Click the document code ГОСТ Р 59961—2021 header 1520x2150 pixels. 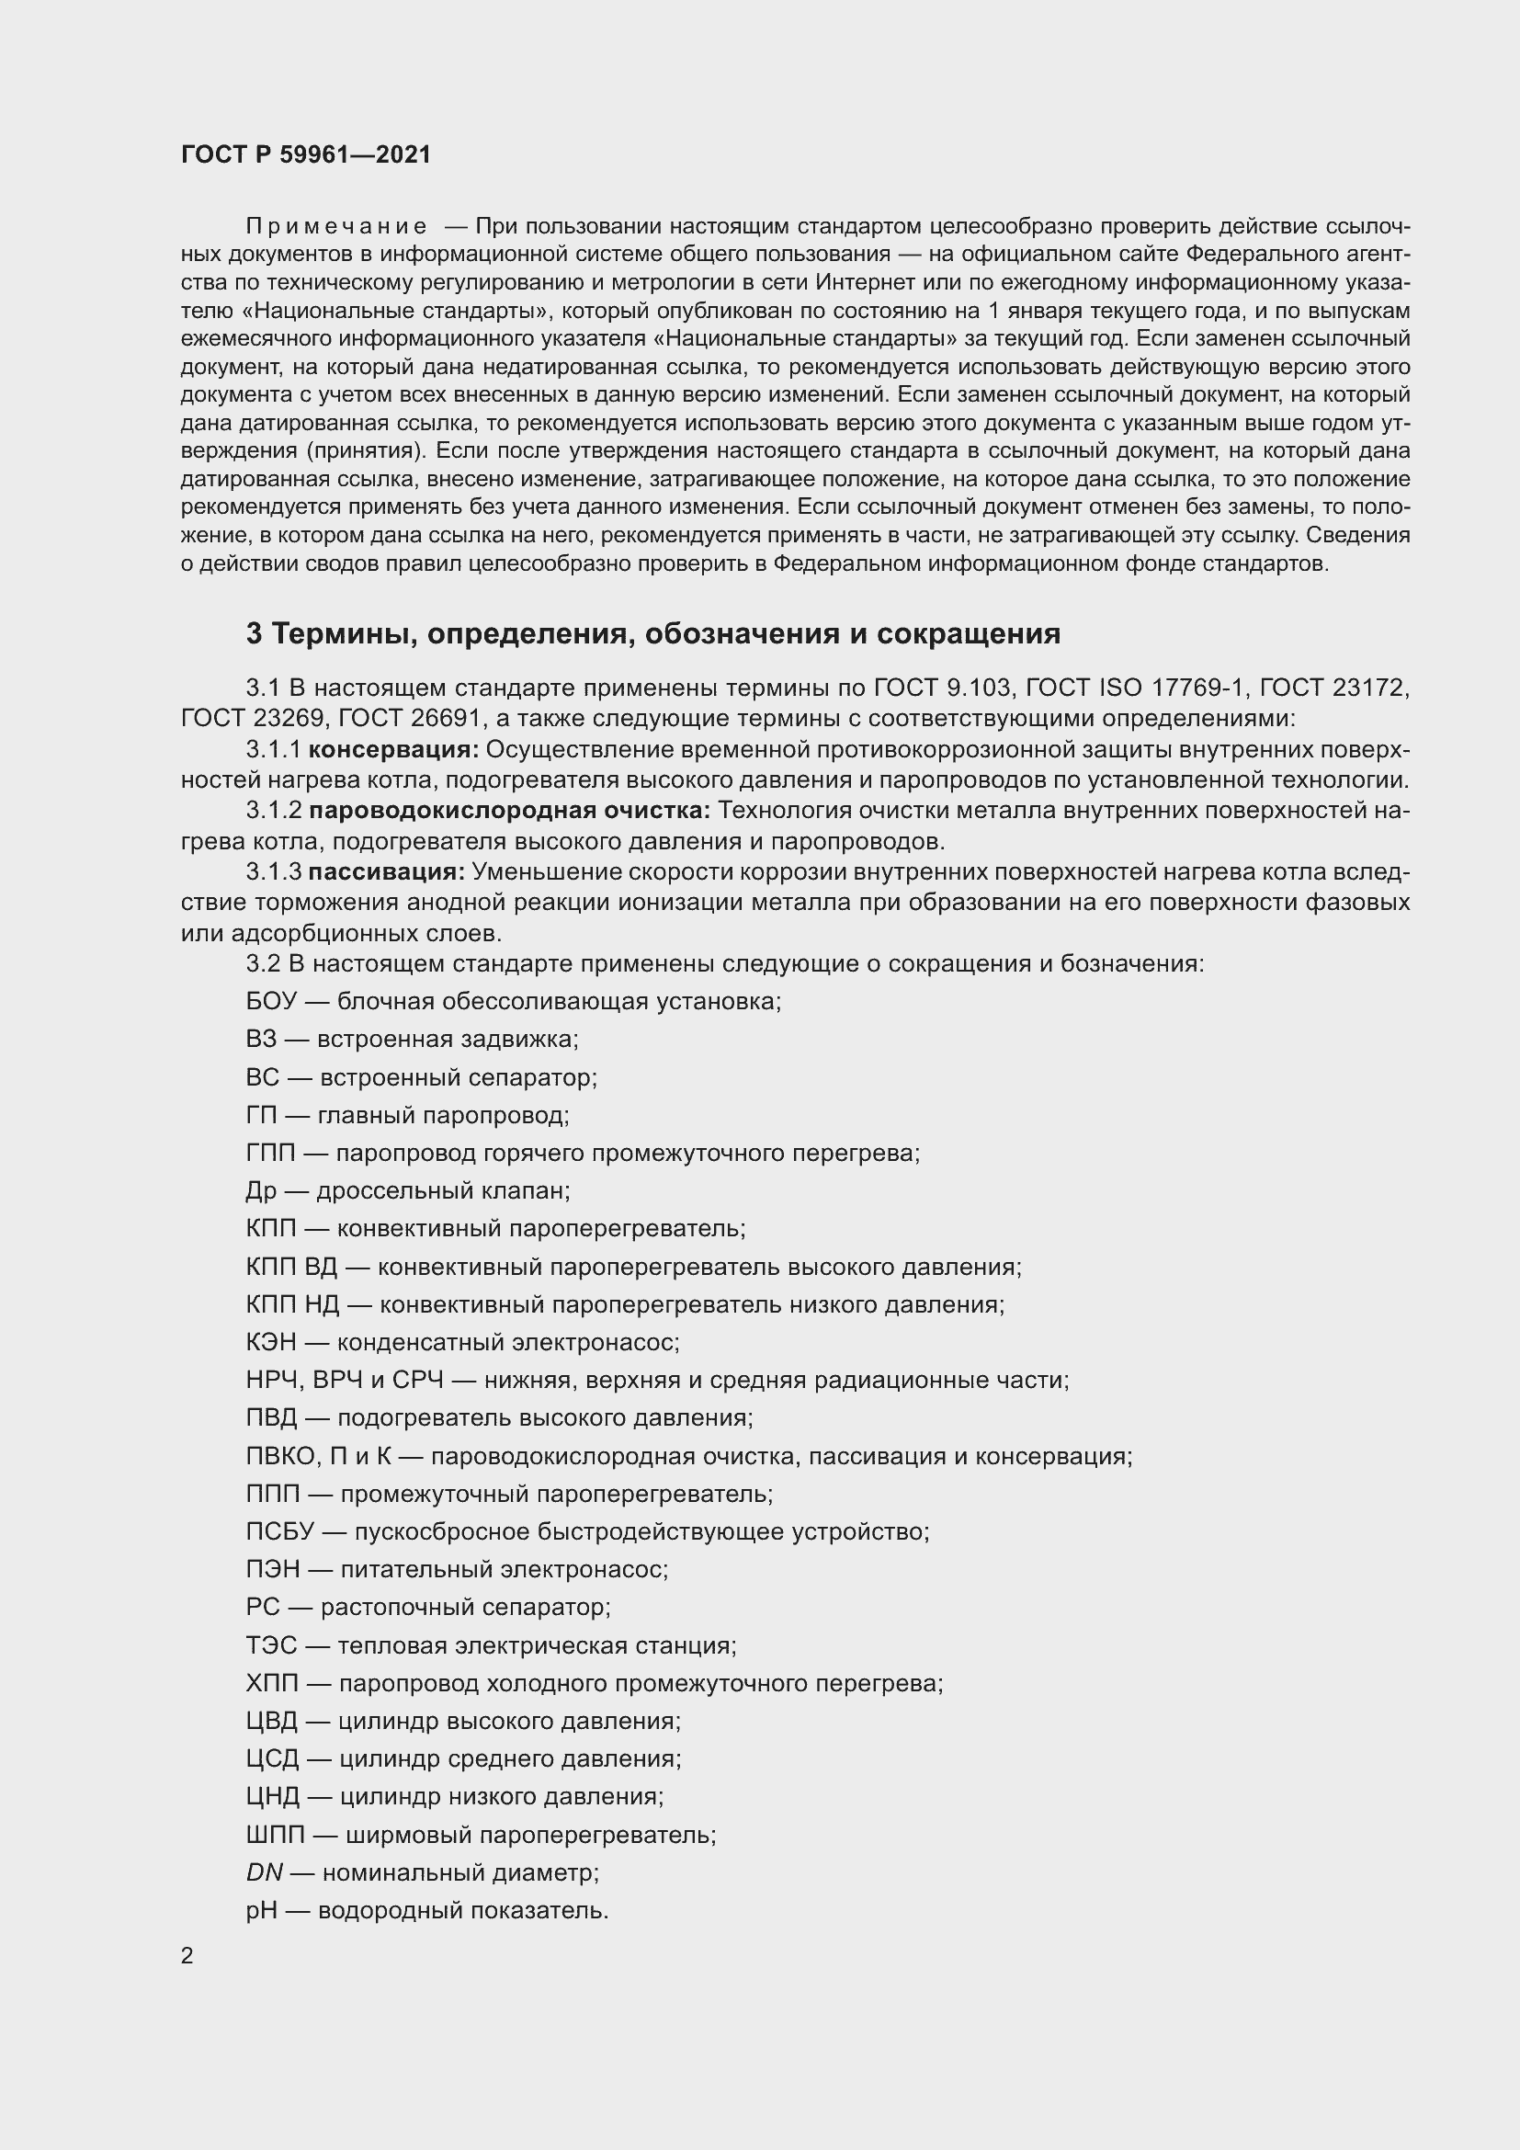[306, 154]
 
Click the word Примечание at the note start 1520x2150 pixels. [336, 226]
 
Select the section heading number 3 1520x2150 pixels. [254, 634]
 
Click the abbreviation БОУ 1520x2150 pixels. [270, 1001]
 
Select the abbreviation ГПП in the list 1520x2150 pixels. [269, 1153]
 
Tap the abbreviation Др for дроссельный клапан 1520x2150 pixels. [261, 1191]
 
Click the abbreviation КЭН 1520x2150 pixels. [270, 1343]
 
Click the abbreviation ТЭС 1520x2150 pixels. [270, 1645]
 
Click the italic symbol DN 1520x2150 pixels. [264, 1872]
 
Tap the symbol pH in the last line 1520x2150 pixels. [261, 1911]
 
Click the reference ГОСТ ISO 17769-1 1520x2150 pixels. [1136, 688]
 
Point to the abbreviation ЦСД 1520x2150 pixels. [272, 1759]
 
